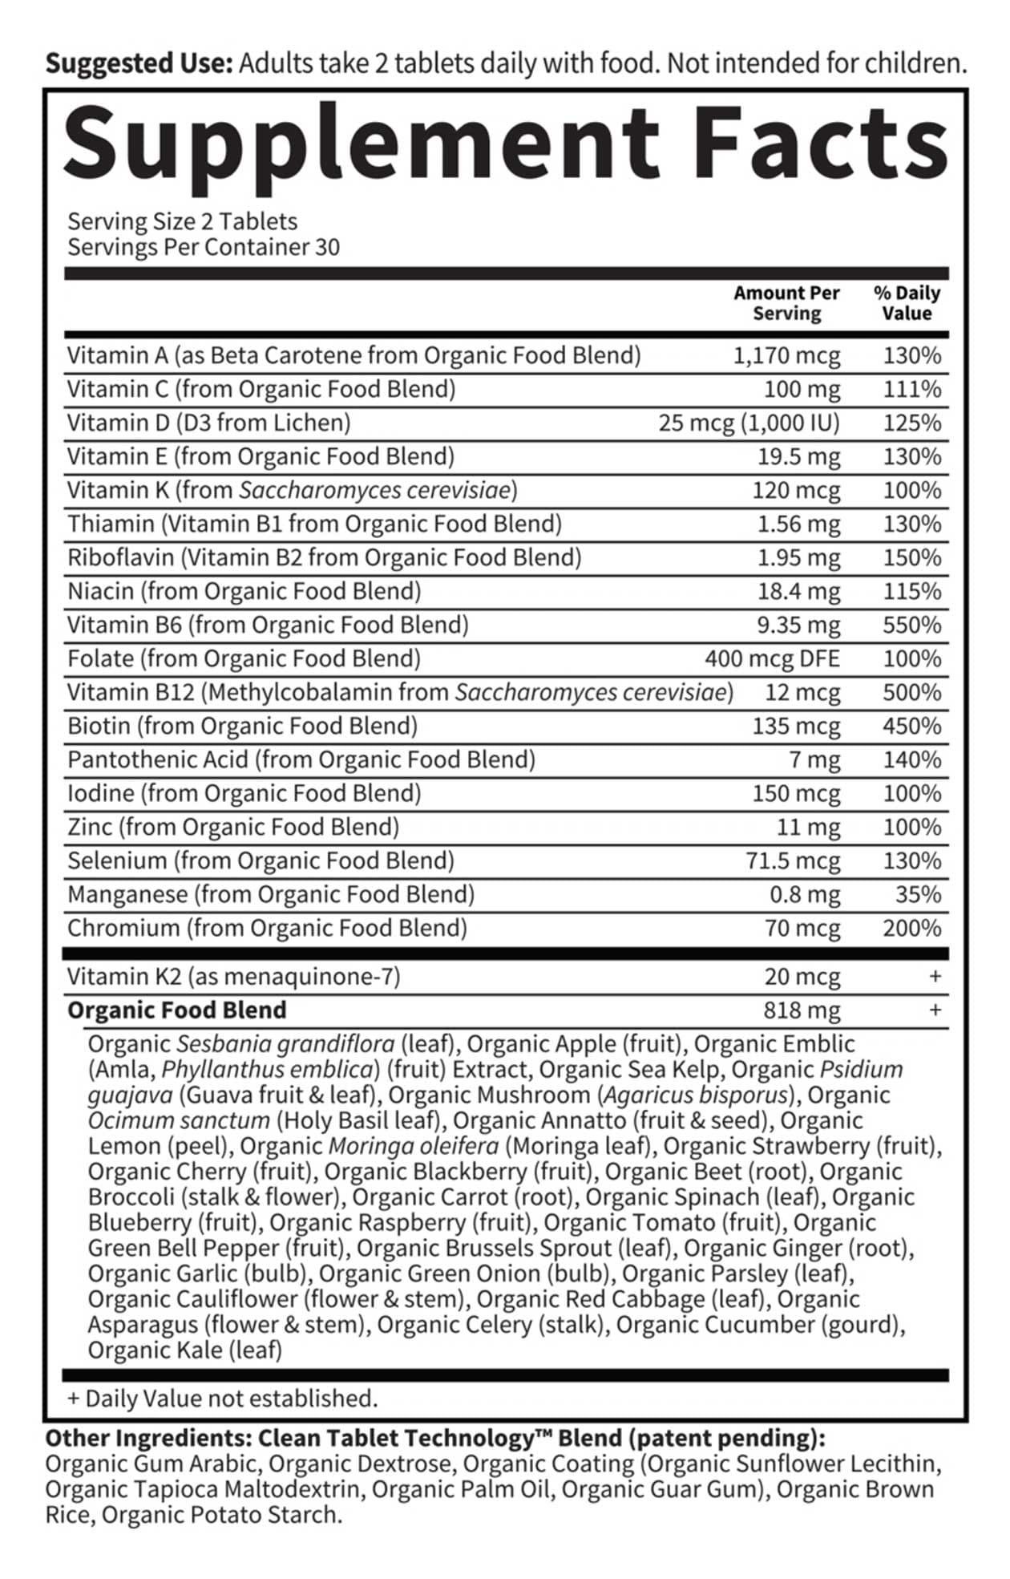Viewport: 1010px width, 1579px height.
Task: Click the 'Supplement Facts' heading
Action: coord(505,144)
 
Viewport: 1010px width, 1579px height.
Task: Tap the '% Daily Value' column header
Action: coord(907,303)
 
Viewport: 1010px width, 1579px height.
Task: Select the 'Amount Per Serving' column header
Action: coord(786,303)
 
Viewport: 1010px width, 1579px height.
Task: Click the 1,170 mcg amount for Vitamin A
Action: coord(786,355)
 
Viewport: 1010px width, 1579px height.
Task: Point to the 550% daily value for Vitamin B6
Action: coord(911,625)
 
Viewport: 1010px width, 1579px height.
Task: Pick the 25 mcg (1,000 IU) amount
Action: coord(749,423)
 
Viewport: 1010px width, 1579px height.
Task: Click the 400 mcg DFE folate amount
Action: coord(772,658)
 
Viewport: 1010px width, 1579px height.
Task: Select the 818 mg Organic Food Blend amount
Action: coord(802,1010)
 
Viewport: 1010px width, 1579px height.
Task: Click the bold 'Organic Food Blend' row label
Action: coord(176,1010)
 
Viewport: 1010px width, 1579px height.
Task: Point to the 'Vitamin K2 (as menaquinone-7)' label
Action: coord(233,977)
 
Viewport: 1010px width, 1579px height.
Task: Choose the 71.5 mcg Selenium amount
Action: coord(793,860)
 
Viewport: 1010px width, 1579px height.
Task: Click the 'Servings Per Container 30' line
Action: coord(204,247)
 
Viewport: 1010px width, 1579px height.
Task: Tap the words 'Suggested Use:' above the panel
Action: coord(139,63)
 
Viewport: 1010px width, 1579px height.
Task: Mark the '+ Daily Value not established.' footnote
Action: coord(222,1399)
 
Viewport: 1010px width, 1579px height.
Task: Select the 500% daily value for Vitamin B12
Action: coord(911,692)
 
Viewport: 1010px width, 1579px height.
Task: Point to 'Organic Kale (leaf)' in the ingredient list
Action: coord(184,1350)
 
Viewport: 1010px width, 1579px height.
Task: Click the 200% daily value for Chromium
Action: coord(911,928)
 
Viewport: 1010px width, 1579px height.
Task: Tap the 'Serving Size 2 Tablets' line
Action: coord(182,221)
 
